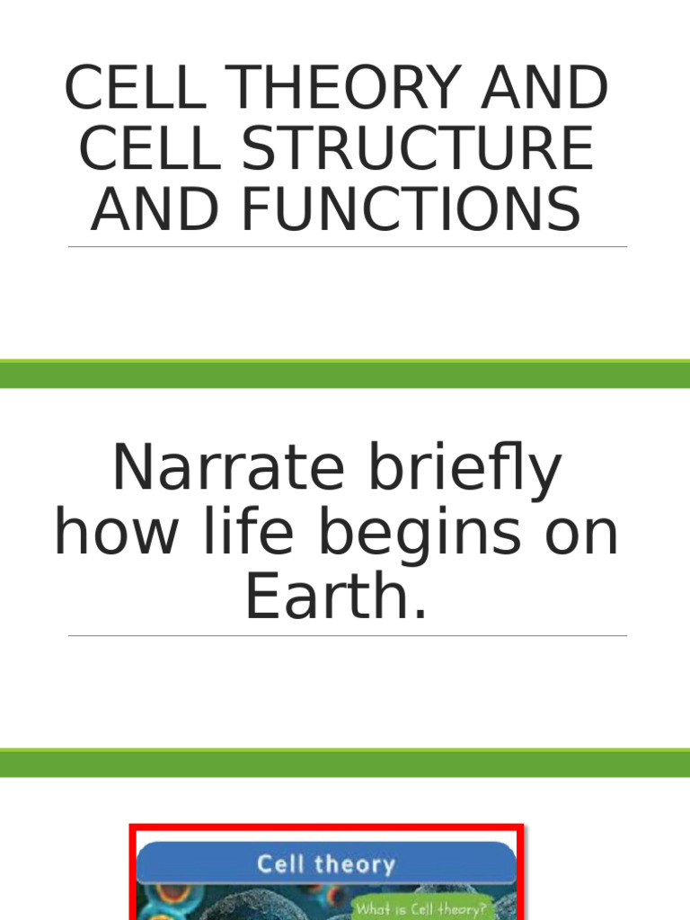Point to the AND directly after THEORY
[x=544, y=91]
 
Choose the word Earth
[x=335, y=597]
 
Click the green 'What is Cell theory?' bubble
[x=420, y=908]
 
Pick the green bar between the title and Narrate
[x=345, y=374]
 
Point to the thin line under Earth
[x=347, y=636]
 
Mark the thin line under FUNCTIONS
[x=347, y=246]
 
